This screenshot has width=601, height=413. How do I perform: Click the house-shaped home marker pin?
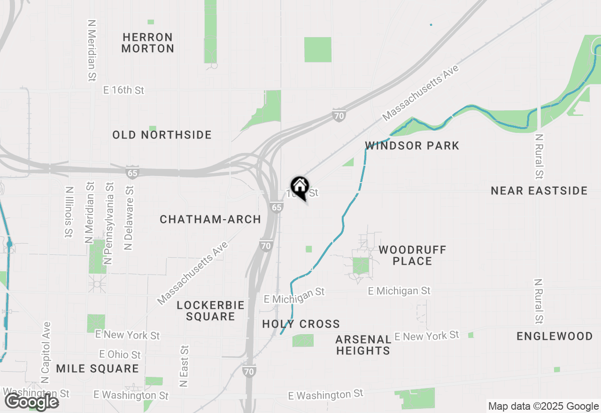300,187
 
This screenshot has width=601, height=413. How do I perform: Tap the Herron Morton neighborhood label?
147,43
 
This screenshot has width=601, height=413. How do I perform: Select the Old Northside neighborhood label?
162,135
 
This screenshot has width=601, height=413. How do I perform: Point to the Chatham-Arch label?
210,219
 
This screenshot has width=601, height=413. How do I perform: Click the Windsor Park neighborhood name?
412,145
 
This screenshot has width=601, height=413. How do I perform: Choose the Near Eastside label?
539,191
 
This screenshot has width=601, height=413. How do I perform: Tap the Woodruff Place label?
412,255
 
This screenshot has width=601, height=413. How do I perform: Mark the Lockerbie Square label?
210,311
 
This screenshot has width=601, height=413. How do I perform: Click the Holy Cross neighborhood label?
301,324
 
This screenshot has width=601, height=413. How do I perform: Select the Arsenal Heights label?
363,345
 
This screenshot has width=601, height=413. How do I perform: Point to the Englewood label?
555,336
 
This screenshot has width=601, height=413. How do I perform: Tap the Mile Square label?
97,368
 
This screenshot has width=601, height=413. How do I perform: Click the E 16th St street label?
123,90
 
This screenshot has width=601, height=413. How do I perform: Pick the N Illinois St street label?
69,212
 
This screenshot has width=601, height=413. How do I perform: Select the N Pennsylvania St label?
109,223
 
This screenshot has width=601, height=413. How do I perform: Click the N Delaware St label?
129,217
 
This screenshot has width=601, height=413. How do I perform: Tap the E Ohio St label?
120,354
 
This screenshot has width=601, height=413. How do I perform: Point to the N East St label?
184,367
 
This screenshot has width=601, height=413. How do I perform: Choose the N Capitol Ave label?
46,353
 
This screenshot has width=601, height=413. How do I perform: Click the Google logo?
32,402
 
